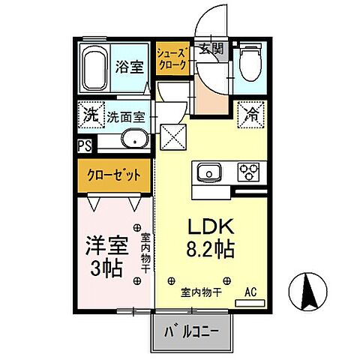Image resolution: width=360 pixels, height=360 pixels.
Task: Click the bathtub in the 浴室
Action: [x=94, y=69]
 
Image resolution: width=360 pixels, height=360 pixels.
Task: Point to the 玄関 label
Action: [x=211, y=50]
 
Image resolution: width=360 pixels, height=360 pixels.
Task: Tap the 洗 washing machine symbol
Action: [x=90, y=116]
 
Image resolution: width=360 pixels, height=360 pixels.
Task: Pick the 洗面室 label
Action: [x=126, y=117]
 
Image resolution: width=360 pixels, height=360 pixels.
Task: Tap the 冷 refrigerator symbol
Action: [x=250, y=116]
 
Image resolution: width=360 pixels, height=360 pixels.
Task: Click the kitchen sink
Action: [x=206, y=173]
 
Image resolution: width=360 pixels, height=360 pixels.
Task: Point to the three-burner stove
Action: [x=247, y=173]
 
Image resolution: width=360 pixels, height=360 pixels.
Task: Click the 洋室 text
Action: [x=106, y=245]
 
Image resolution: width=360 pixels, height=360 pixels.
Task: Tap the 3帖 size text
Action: [x=106, y=268]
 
